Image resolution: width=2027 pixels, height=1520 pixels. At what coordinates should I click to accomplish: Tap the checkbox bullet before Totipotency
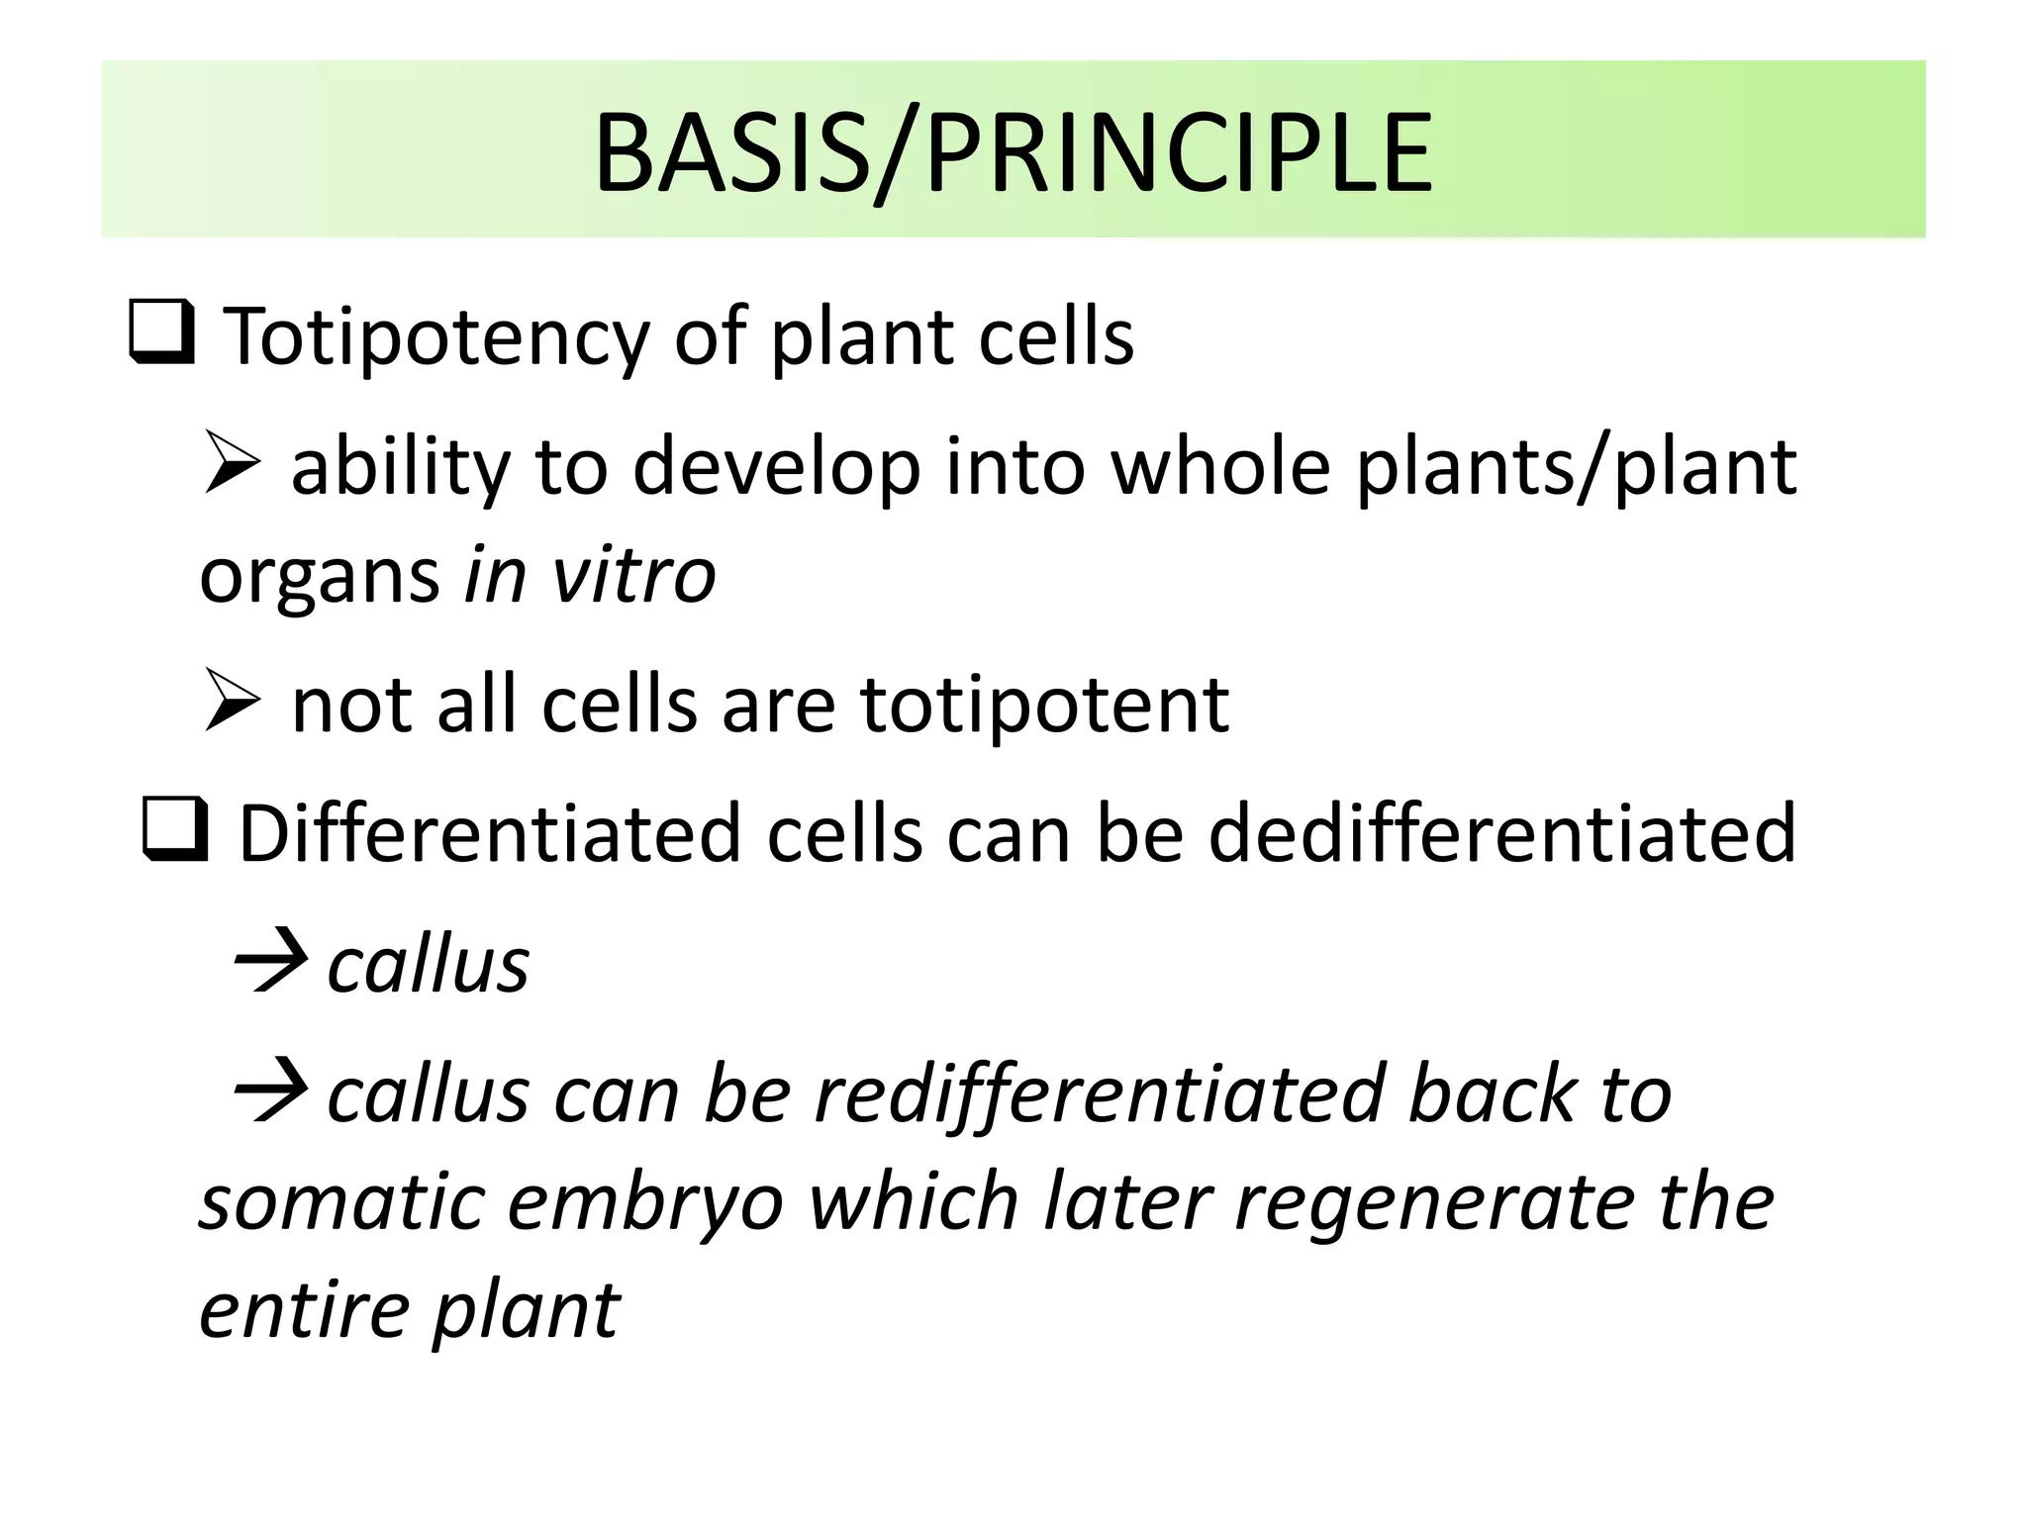tap(161, 333)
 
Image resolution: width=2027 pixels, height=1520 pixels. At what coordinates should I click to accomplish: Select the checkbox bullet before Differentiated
tap(175, 830)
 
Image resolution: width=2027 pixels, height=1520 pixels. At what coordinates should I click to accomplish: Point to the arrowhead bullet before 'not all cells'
tap(233, 702)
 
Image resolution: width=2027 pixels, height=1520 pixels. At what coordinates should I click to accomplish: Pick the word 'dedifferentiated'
tap(1501, 833)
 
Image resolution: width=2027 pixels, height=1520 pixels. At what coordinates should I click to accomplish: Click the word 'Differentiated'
tap(489, 833)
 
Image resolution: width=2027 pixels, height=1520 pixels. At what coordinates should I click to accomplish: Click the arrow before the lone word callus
tap(268, 960)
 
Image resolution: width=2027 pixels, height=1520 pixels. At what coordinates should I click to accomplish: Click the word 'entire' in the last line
tap(303, 1311)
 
